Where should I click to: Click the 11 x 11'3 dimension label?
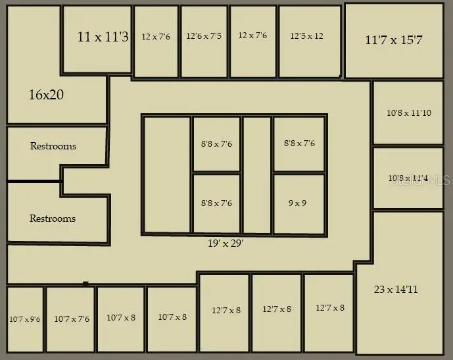click(103, 37)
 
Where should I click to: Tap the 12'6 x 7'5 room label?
click(204, 36)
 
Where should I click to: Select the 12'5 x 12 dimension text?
click(306, 36)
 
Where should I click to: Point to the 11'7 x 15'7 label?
click(394, 39)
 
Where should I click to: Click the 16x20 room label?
click(46, 95)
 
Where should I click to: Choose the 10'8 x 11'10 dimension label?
click(409, 113)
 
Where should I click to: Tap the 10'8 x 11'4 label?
click(408, 178)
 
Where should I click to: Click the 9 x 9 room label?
click(297, 203)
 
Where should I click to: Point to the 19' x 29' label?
click(226, 243)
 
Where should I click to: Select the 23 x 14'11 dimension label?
click(396, 289)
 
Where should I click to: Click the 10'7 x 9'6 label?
click(25, 319)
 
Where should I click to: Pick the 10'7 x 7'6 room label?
click(72, 319)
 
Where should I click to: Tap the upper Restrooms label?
click(53, 145)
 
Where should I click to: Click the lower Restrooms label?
click(53, 218)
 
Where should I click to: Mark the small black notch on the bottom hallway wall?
click(85, 284)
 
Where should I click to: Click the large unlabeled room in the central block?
click(167, 174)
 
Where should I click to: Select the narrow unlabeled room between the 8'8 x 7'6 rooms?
click(257, 174)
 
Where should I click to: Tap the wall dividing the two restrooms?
click(34, 181)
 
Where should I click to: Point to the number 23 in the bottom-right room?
click(379, 289)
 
